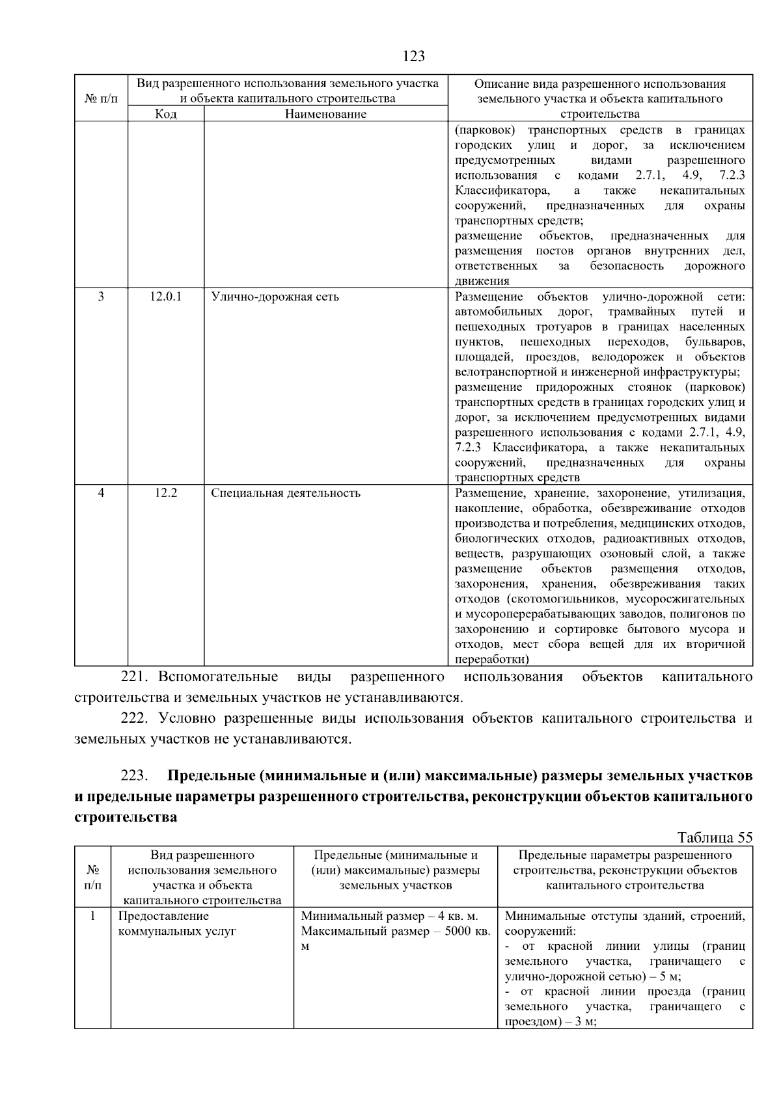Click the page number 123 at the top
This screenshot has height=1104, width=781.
pos(413,56)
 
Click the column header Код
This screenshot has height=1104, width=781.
pos(165,114)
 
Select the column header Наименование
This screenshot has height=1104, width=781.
pos(325,114)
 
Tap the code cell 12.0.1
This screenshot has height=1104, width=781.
pos(165,297)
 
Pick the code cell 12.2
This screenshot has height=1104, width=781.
pos(165,493)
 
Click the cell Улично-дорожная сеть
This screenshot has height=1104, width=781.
pos(275,297)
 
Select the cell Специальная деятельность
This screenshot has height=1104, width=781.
pos(285,493)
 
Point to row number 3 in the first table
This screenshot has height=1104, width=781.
pos(101,297)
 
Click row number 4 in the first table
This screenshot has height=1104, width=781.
pos(101,493)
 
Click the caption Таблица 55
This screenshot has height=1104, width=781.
pos(715,838)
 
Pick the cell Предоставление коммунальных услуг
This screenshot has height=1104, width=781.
pos(176,924)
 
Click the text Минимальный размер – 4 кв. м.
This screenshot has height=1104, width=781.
pos(389,917)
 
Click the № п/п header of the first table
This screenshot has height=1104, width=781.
pos(101,99)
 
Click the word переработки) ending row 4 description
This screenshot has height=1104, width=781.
pos(490,659)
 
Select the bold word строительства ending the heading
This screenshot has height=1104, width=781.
pos(126,818)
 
